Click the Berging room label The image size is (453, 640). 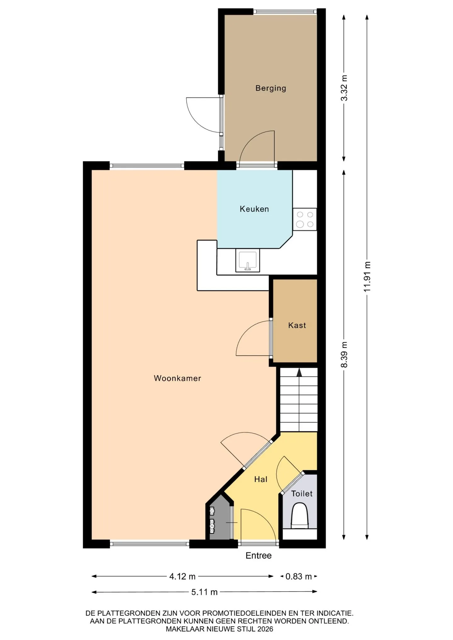(x=271, y=88)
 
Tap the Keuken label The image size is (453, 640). (x=254, y=209)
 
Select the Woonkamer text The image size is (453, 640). (x=177, y=378)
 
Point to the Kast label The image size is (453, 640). (x=297, y=325)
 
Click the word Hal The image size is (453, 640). (x=261, y=479)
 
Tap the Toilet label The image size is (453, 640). (x=302, y=494)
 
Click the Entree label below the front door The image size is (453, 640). (x=259, y=555)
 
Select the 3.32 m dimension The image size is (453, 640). (x=344, y=88)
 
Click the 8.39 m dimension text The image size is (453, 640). (x=344, y=355)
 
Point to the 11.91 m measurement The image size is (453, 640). (x=367, y=276)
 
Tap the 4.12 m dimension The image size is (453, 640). (x=182, y=577)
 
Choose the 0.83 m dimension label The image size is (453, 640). (x=299, y=577)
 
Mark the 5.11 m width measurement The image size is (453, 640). (x=204, y=592)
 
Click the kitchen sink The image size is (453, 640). (x=248, y=260)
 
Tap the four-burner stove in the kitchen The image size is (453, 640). (x=305, y=219)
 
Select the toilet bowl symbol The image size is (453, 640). (x=299, y=516)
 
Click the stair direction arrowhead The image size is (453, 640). (x=299, y=372)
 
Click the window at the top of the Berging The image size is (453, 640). (x=285, y=12)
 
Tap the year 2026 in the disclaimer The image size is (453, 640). (x=265, y=629)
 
